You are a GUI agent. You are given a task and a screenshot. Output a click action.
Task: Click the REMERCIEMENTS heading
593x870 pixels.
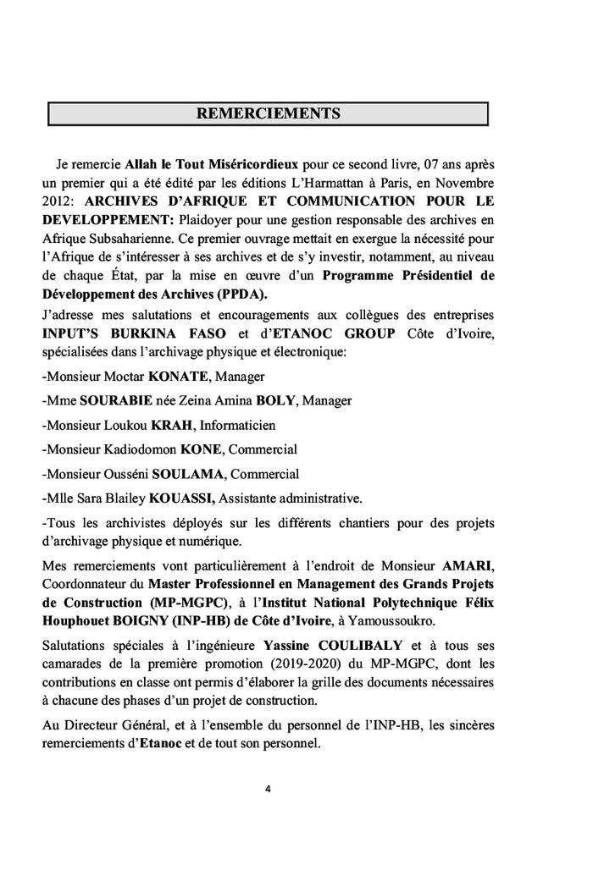(268, 113)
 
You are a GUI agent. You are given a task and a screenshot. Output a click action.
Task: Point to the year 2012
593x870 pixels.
(56, 201)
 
